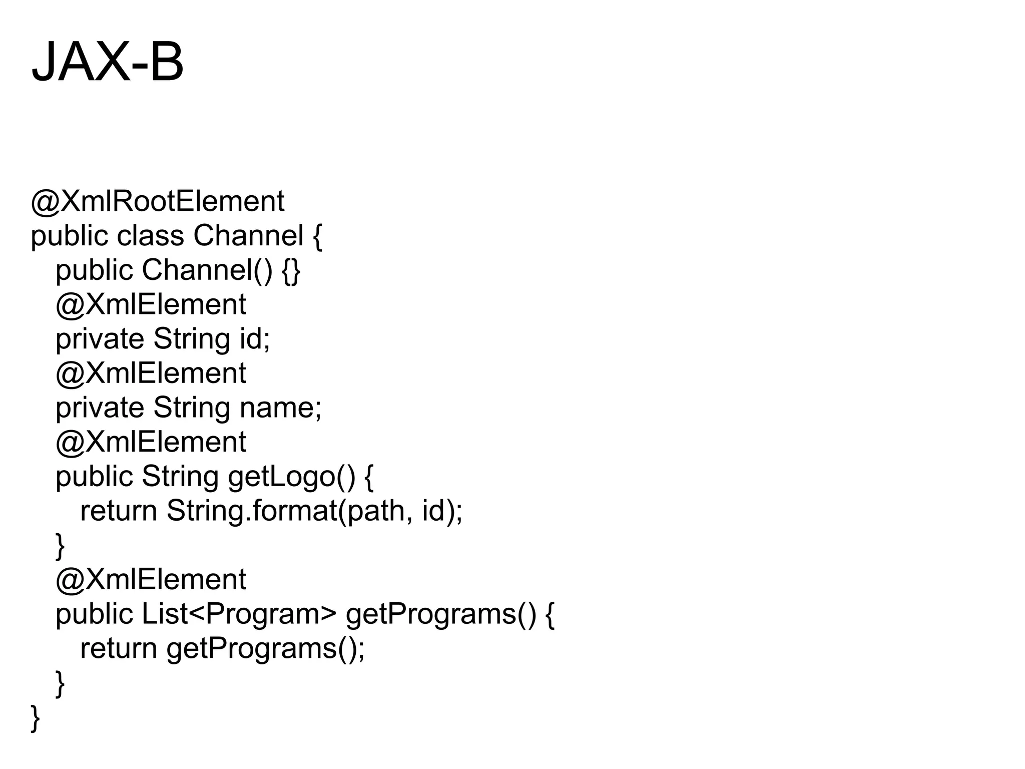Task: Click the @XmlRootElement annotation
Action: [x=158, y=202]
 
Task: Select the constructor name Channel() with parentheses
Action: [x=207, y=270]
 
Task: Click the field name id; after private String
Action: [x=255, y=339]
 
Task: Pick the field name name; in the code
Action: [x=280, y=408]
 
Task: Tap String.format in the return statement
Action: [x=252, y=511]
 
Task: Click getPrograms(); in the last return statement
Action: [x=265, y=649]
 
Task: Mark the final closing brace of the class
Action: [x=35, y=718]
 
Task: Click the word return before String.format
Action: [x=119, y=511]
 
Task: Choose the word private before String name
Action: [x=100, y=408]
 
